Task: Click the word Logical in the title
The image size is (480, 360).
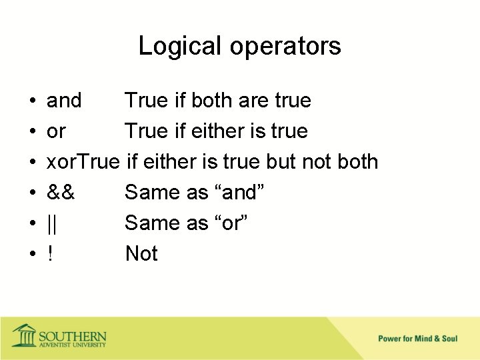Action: click(179, 46)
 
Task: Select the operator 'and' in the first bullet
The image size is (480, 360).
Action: click(64, 101)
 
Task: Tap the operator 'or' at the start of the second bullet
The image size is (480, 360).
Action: click(56, 131)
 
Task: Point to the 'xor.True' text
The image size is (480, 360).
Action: click(83, 162)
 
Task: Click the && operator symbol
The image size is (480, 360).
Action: click(61, 193)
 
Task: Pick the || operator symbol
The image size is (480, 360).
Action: click(52, 223)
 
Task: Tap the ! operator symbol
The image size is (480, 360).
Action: click(50, 254)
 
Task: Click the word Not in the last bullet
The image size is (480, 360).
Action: click(141, 254)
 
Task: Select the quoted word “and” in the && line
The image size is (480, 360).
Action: click(237, 193)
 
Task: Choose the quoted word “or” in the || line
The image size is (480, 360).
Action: click(229, 223)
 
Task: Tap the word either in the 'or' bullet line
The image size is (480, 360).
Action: click(213, 131)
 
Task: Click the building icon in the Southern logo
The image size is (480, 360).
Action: click(24, 335)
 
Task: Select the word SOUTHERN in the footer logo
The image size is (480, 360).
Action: click(73, 335)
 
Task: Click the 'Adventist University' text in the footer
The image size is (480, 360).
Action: click(72, 345)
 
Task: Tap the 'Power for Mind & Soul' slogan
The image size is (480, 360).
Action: click(418, 339)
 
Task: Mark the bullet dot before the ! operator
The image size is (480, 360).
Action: click(32, 255)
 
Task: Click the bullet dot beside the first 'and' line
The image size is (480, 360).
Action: click(32, 101)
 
